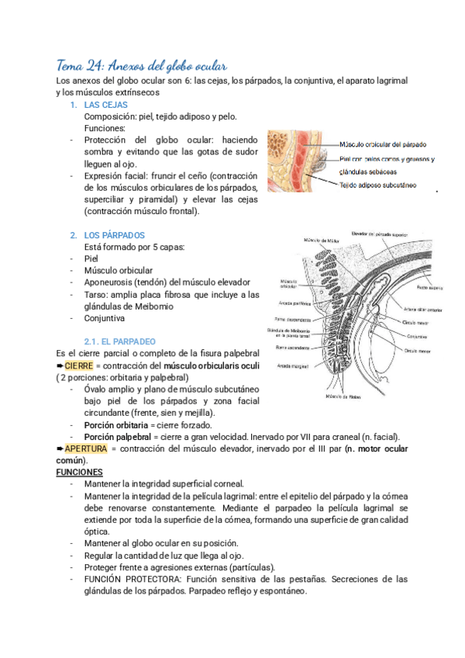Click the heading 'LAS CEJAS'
(105, 105)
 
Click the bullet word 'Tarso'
(96, 294)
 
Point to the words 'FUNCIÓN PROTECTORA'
(133, 579)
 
